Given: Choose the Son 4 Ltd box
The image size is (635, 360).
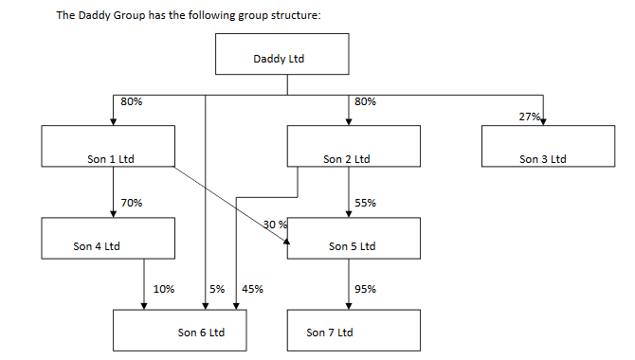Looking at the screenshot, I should pos(108,238).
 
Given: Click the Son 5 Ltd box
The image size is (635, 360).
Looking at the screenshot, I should pos(353,238).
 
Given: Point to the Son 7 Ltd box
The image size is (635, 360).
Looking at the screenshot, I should pos(353,330).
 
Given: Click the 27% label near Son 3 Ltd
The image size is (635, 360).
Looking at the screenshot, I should pos(529,117).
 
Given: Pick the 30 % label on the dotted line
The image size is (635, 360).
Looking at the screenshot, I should pos(275,224).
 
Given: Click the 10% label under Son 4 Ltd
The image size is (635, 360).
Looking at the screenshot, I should pos(163,289).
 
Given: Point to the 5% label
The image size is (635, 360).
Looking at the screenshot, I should pos(217,289).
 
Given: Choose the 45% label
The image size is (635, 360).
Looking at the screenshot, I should pos(252,289).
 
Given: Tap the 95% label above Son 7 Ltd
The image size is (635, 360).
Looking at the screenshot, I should pos(365,289).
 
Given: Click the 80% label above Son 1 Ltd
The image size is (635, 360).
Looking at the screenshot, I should pos(132,101).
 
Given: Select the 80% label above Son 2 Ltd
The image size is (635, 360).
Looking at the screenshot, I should pos(365,101).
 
